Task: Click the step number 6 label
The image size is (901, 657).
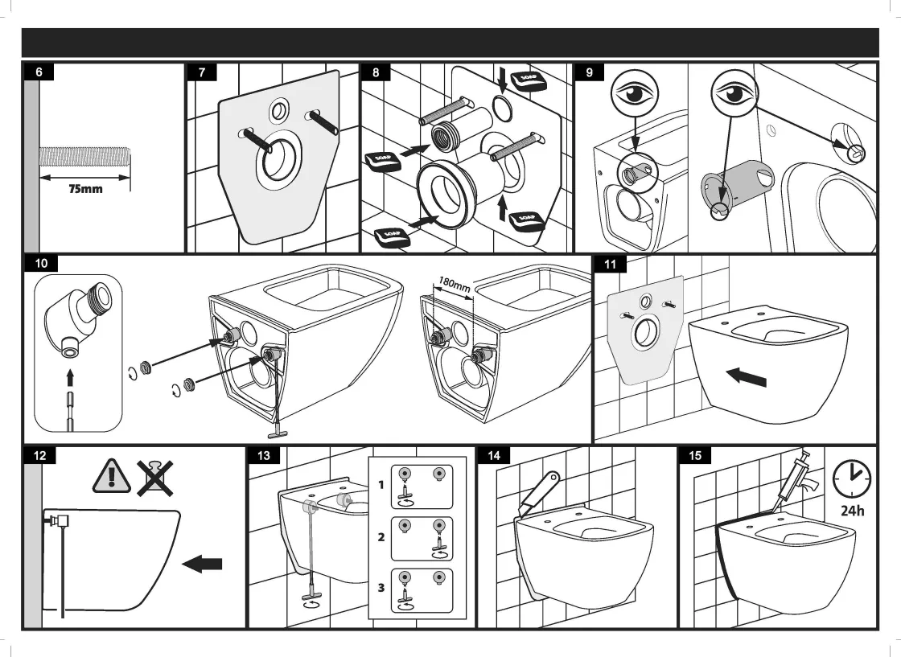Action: [39, 72]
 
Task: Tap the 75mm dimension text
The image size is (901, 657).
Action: [84, 190]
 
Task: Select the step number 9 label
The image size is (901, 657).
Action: [590, 72]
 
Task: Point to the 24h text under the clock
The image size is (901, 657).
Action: [853, 511]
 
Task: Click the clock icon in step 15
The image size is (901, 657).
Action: [851, 480]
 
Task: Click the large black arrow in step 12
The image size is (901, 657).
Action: [202, 565]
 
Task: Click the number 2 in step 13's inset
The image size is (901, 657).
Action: [381, 537]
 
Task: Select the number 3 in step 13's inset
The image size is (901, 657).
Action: [381, 588]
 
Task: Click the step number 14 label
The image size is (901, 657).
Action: [494, 455]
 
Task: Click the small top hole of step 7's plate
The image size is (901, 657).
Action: [280, 109]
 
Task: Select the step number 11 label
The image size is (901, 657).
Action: [609, 263]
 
